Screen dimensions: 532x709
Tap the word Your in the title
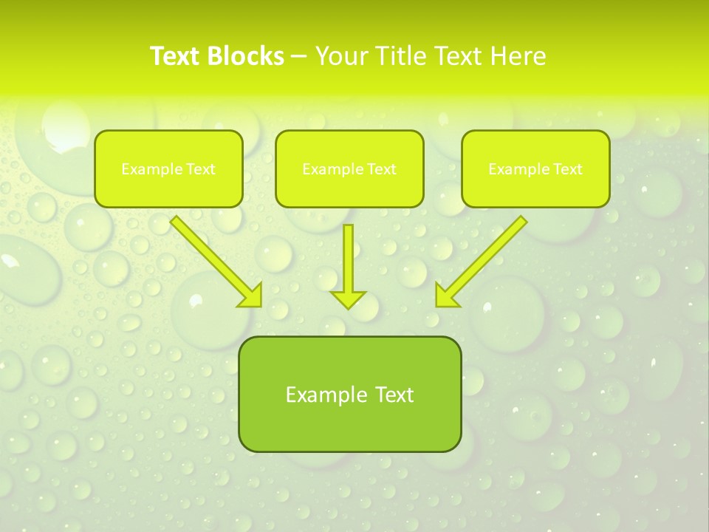tap(343, 56)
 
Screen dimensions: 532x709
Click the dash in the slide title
tap(299, 56)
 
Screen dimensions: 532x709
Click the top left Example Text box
tap(168, 168)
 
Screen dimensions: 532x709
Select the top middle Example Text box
tap(349, 168)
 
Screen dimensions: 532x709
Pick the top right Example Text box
tap(535, 168)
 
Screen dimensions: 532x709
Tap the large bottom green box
tap(349, 394)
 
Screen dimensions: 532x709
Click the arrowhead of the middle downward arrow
tap(348, 299)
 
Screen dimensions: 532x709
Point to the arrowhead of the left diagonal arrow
tap(251, 296)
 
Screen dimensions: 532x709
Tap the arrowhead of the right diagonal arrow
tap(446, 296)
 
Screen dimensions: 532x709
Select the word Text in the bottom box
tap(393, 395)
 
